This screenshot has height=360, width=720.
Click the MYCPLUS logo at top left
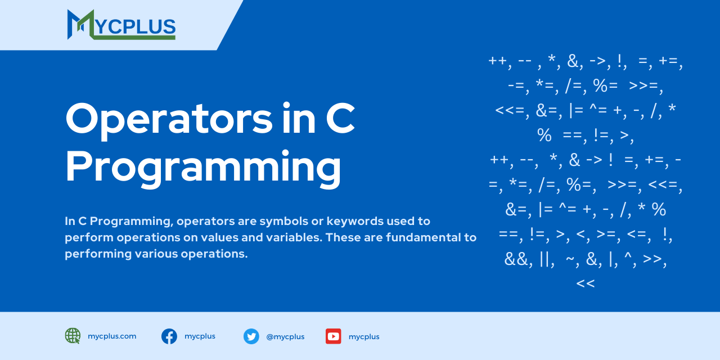121,25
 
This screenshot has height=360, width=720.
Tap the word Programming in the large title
203,168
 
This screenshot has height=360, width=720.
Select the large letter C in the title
340,118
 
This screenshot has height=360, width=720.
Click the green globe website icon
73,336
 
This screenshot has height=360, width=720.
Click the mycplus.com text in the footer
112,336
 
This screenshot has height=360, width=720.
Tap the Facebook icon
169,336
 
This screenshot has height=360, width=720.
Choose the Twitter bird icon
251,336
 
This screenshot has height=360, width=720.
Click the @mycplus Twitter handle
285,337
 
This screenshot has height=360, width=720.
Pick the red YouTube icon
334,336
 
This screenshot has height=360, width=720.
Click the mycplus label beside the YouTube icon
364,337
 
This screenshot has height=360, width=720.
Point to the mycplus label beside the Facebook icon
200,336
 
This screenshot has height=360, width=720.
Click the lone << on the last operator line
586,283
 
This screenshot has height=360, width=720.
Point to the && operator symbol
516,259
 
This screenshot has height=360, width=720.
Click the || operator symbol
545,260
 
